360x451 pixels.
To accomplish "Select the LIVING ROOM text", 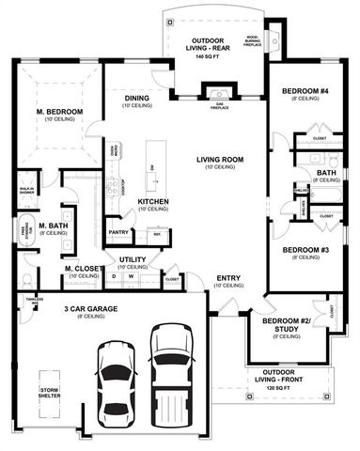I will coord(220,160).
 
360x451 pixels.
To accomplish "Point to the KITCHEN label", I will coord(153,202).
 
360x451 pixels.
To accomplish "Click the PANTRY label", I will coord(117,231).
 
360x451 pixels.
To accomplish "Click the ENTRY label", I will coord(227,278).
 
